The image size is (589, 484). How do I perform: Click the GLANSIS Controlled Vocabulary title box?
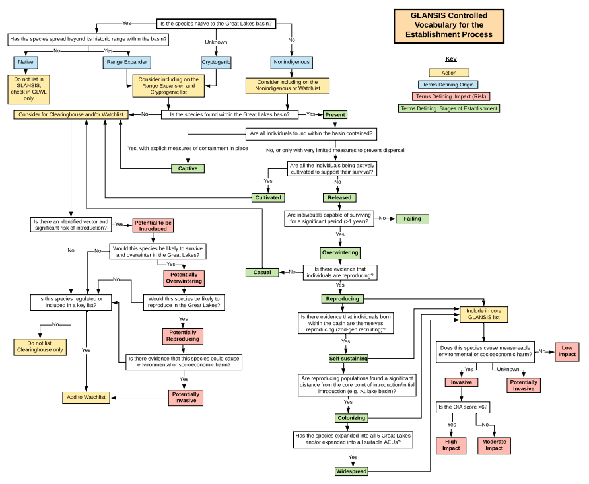click(448, 25)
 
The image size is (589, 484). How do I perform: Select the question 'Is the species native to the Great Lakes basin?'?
click(216, 24)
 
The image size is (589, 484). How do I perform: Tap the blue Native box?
click(26, 63)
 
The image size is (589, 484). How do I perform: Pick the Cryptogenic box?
click(216, 63)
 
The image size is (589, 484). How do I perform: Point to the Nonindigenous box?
click(291, 63)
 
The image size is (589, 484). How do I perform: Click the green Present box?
click(335, 114)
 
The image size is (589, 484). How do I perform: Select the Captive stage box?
click(188, 168)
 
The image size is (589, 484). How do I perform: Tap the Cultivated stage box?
click(269, 197)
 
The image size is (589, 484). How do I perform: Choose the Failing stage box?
click(413, 219)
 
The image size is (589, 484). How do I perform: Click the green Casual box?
click(262, 272)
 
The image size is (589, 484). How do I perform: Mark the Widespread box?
click(351, 471)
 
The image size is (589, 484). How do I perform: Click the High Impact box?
click(452, 445)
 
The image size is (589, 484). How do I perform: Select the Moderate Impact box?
click(495, 445)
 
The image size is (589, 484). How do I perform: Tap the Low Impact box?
click(567, 351)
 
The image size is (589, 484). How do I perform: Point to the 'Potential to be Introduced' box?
click(153, 226)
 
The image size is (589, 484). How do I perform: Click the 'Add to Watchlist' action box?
click(86, 398)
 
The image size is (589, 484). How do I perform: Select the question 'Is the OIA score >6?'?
click(462, 407)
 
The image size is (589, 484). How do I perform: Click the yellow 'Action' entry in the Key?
click(448, 73)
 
